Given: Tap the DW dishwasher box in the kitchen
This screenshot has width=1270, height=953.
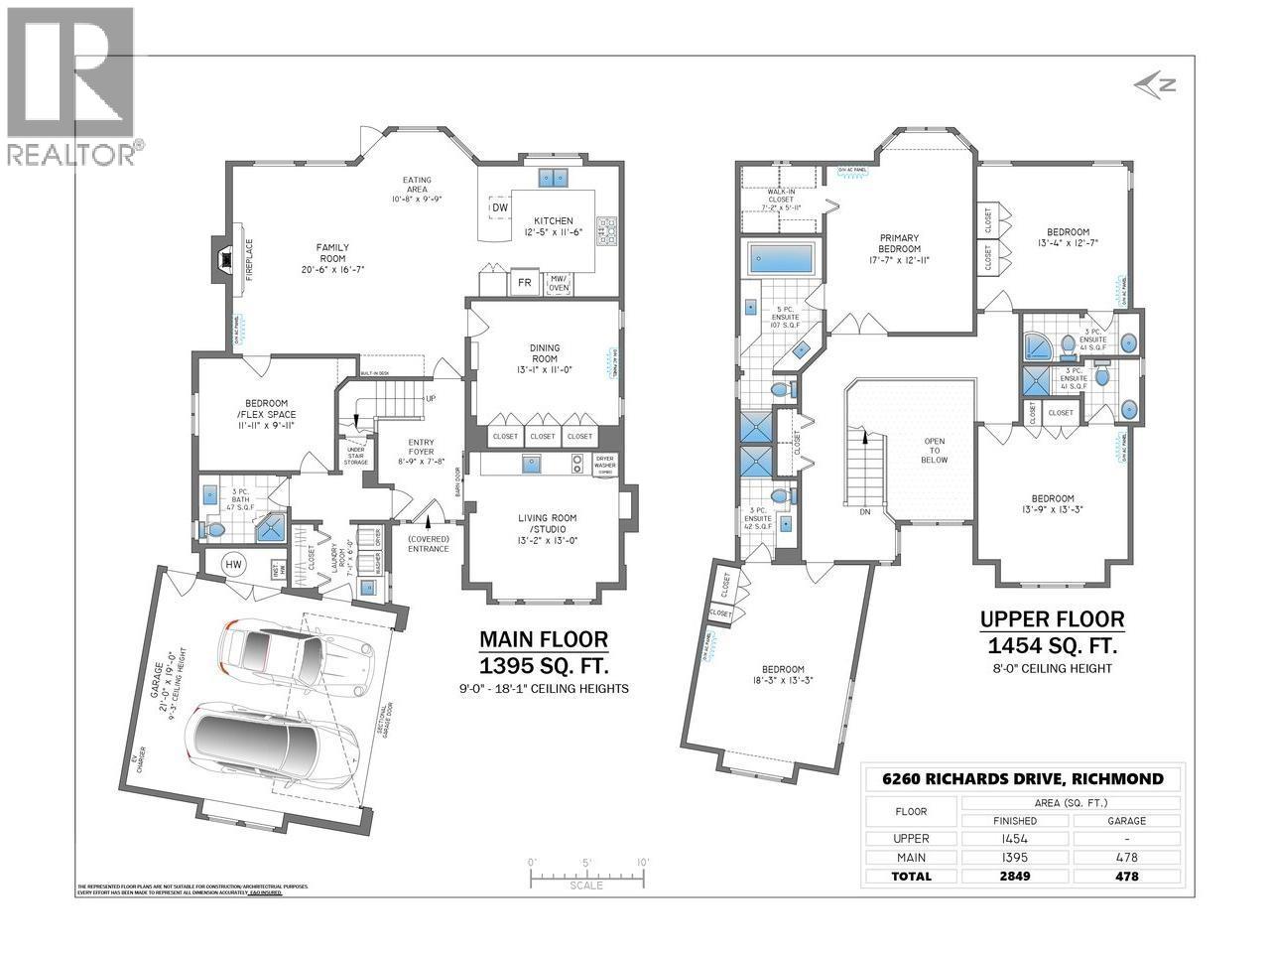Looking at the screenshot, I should [x=499, y=207].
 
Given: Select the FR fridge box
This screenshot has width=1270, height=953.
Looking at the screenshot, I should [x=524, y=283].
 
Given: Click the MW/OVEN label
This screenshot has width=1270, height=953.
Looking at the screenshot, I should [x=560, y=283].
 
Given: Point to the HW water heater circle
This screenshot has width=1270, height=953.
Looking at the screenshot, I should [x=234, y=565].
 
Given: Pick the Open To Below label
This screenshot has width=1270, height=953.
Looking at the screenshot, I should [x=934, y=453].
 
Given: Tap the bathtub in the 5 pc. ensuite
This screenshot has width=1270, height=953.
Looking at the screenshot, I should [x=780, y=259].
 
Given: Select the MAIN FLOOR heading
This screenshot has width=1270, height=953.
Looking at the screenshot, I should [x=543, y=638].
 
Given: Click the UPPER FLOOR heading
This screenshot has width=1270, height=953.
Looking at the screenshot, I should [x=1052, y=619].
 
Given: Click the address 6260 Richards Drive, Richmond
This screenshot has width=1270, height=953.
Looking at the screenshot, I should [x=1023, y=779].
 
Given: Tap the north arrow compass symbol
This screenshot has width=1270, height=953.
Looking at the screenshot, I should [x=1153, y=85].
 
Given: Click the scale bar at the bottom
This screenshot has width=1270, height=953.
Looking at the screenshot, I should [x=586, y=877].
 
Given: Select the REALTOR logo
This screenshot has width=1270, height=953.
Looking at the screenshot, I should [x=71, y=84].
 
